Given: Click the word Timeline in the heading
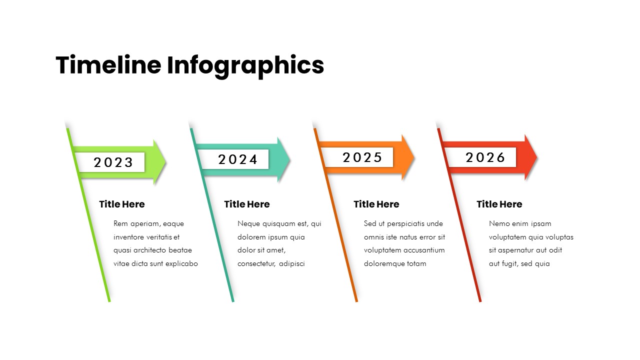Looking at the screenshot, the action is (x=108, y=65).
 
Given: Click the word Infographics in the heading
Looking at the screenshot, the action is (x=245, y=67).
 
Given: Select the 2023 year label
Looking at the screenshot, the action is (x=113, y=162).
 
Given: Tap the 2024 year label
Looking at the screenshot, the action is (x=237, y=159).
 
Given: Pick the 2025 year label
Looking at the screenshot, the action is (x=362, y=157).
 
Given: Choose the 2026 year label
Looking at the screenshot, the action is (x=485, y=157).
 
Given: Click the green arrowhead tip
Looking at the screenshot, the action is (x=166, y=162).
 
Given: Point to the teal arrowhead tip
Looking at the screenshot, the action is (x=290, y=159).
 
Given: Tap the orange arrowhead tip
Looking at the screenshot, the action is (x=414, y=157).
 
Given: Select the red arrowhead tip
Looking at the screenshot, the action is (x=537, y=157).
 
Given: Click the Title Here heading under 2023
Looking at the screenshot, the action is (x=122, y=204).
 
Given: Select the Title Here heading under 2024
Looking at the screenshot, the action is (x=247, y=204).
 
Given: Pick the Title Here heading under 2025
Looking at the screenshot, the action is (x=376, y=204).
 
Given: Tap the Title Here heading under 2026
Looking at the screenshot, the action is (x=499, y=204).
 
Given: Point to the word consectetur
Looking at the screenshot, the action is (x=256, y=263).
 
